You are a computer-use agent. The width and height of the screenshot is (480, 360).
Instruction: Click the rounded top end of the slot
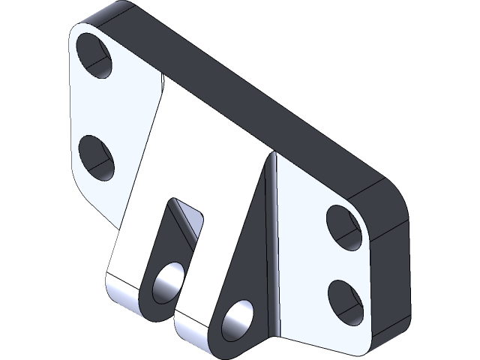pyautogui.click(x=180, y=207)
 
